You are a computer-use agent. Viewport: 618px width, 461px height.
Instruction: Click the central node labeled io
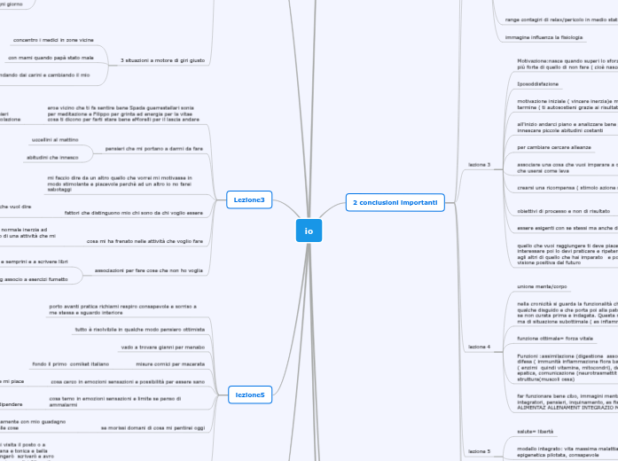[309, 231]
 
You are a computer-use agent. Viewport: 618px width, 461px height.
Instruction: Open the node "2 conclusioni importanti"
[395, 203]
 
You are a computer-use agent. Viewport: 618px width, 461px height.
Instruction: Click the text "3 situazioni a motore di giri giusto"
[162, 59]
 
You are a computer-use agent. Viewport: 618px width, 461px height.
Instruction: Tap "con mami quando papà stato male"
[51, 58]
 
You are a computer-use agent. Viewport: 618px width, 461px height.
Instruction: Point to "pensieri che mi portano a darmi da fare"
[154, 148]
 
